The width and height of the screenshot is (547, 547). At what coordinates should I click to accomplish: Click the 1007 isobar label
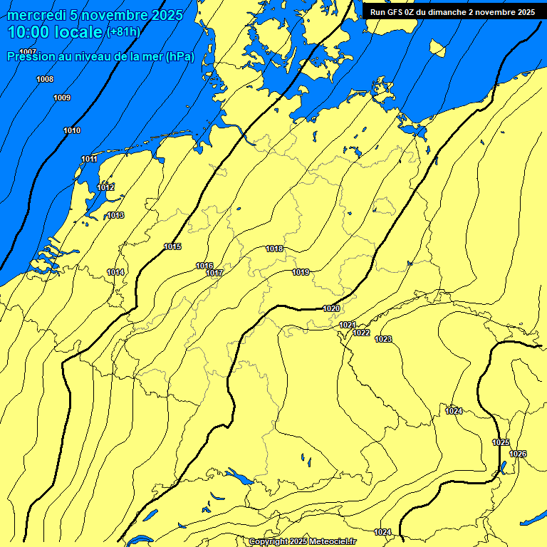[28, 52]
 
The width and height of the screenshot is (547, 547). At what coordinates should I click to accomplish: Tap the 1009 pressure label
[62, 98]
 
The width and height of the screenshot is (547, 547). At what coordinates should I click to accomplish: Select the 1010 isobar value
[72, 130]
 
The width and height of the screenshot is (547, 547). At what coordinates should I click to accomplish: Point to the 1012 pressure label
[105, 187]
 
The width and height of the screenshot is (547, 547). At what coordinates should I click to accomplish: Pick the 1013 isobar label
[115, 215]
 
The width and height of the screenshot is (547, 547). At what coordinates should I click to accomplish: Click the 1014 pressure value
[115, 272]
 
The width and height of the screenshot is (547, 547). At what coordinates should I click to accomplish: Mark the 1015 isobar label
[172, 246]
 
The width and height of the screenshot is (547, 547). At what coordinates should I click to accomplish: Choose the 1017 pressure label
[214, 273]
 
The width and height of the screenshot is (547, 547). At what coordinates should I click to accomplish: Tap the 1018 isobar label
[274, 249]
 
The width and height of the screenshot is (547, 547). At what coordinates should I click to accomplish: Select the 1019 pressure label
[301, 272]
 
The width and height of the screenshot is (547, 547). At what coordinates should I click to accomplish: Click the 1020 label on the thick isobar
[331, 308]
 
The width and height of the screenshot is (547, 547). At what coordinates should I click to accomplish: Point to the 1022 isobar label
[362, 333]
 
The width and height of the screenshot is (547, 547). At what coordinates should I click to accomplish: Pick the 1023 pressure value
[383, 339]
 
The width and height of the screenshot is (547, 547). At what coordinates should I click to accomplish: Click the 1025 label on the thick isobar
[501, 442]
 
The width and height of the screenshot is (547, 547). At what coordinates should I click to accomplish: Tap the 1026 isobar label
[518, 454]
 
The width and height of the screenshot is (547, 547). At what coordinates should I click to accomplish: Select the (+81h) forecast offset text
[123, 32]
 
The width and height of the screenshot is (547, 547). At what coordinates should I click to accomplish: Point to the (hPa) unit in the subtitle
[180, 56]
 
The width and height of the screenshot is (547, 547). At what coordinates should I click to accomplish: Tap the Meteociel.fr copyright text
[302, 541]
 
